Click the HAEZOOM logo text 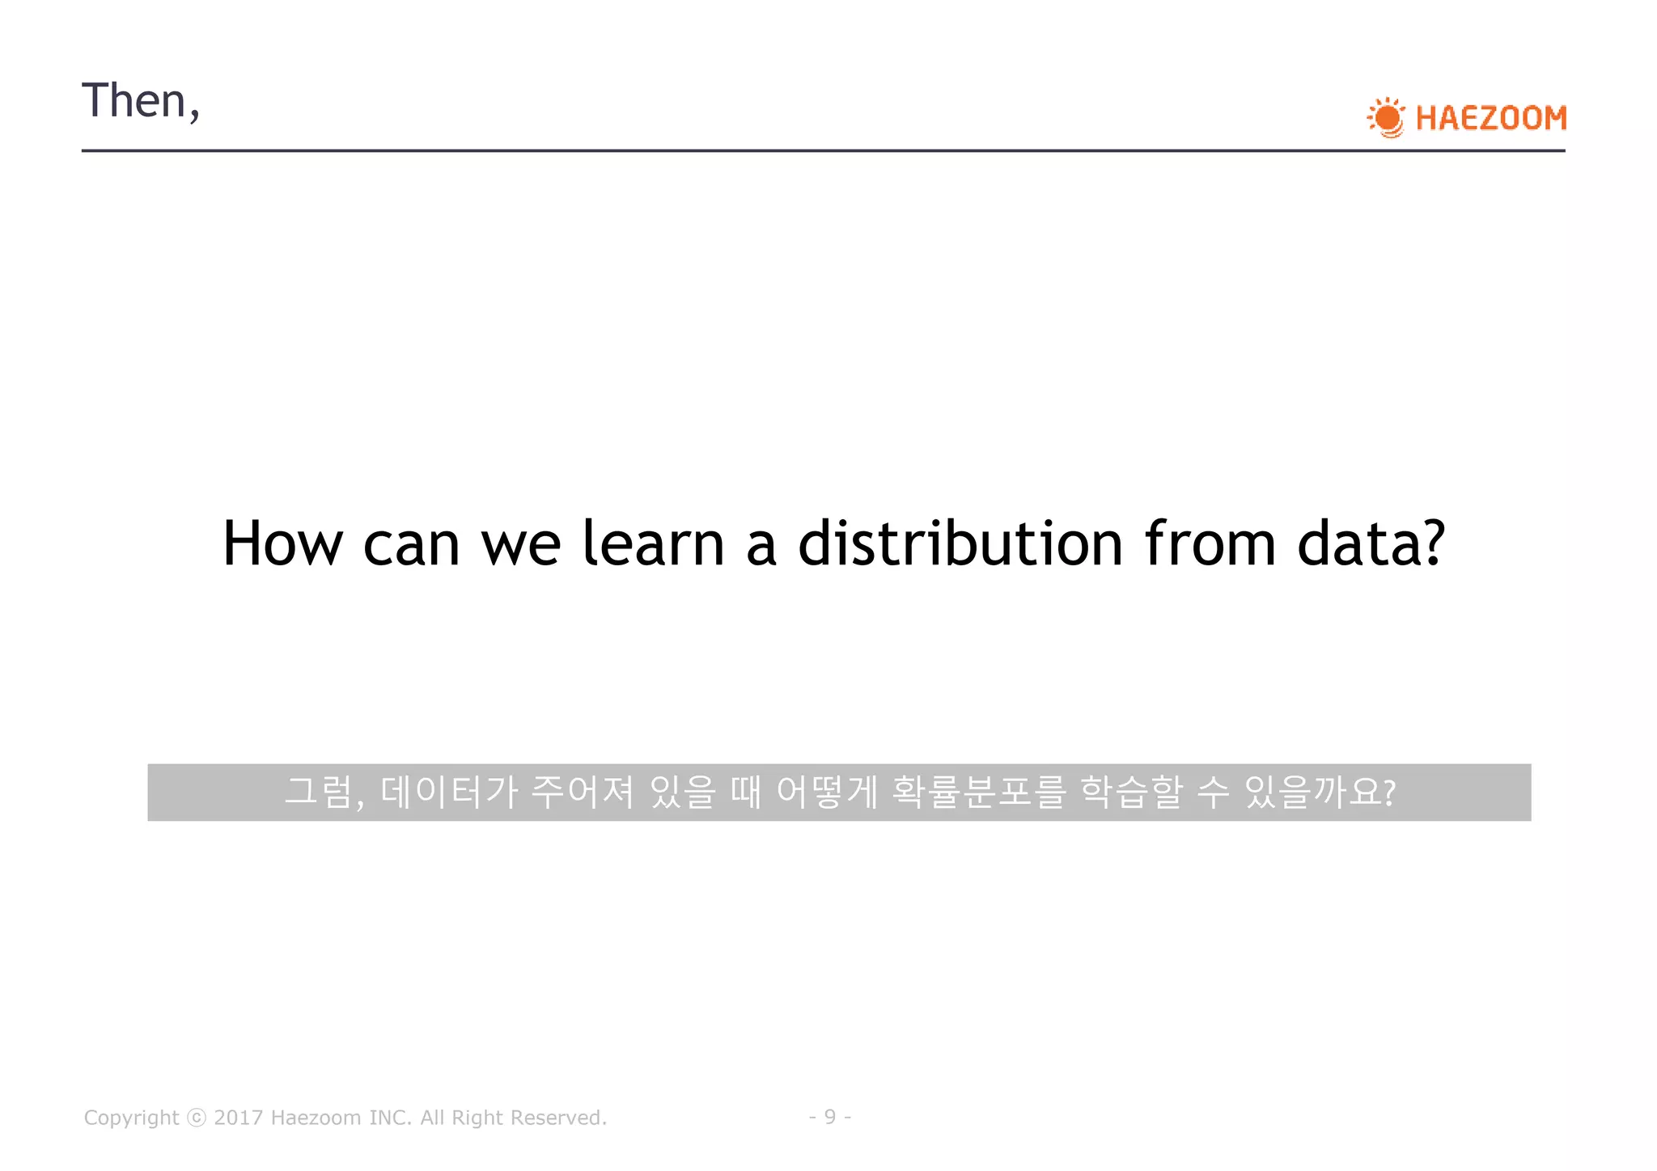[1490, 119]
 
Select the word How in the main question [282, 543]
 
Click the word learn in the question [653, 543]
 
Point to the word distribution [960, 543]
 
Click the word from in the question [1210, 543]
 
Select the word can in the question [411, 543]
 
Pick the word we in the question [520, 543]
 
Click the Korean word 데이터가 [448, 792]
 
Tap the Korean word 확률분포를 [978, 792]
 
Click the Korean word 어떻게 [826, 792]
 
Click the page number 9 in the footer [829, 1117]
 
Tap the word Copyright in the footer [131, 1118]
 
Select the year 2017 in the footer [238, 1118]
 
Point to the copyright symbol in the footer [197, 1118]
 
